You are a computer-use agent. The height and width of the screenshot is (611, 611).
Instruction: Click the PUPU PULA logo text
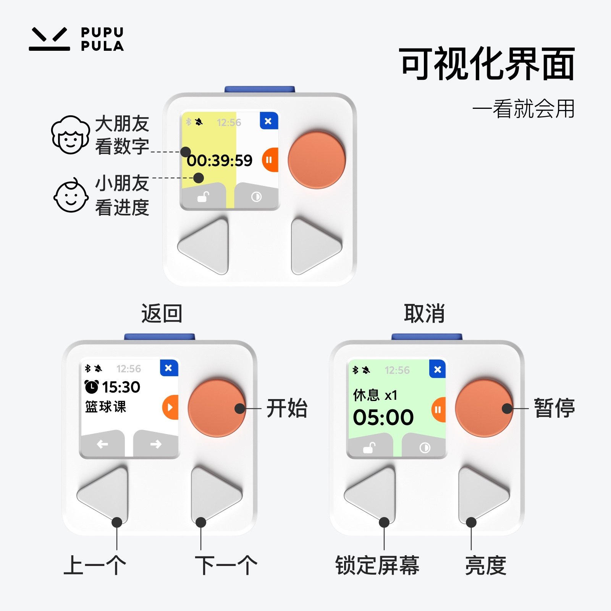[102, 39]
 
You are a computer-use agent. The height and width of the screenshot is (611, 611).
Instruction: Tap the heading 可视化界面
[487, 64]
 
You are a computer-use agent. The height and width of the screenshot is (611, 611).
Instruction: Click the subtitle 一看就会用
[524, 109]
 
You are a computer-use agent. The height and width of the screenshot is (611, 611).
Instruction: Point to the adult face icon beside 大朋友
[70, 135]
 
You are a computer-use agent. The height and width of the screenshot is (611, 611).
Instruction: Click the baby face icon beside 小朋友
[71, 196]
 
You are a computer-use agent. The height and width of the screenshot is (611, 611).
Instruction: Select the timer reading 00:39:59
[220, 161]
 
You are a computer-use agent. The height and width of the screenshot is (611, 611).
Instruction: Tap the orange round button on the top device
[317, 160]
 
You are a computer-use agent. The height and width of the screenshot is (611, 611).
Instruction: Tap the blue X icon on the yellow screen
[268, 121]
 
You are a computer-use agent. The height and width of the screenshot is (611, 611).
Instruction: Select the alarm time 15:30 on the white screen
[121, 387]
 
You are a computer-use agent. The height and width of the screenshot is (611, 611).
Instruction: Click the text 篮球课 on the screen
[105, 407]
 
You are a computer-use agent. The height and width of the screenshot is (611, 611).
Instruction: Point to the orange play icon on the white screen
[170, 407]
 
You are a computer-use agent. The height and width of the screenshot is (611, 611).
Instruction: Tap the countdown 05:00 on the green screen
[383, 417]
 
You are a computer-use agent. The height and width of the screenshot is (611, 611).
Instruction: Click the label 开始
[287, 408]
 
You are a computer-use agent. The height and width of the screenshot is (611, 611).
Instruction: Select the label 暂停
[554, 408]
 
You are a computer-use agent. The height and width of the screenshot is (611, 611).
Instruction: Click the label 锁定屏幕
[377, 566]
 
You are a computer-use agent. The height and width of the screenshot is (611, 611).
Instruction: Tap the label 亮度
[485, 566]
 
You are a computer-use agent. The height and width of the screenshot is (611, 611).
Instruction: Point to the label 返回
[162, 314]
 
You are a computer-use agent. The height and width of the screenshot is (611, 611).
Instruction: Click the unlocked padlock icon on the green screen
[369, 447]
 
